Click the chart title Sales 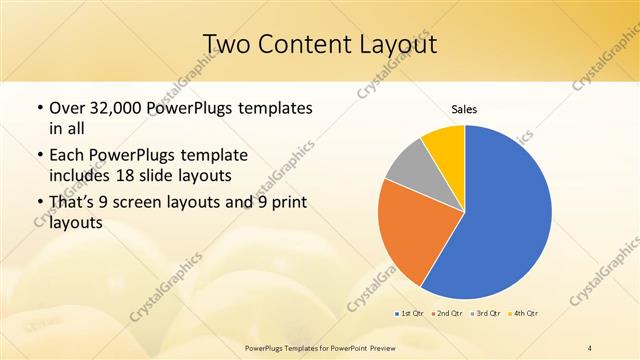(464, 108)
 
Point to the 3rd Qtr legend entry (487, 314)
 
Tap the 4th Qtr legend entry (525, 314)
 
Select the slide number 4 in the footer (590, 348)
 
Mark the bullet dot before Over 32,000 (39, 108)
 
